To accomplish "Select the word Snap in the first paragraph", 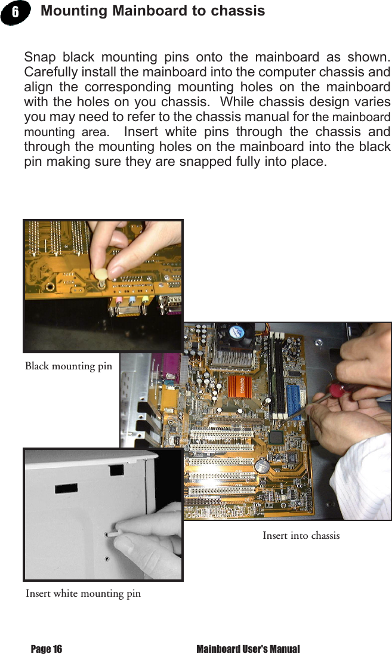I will coord(39,57).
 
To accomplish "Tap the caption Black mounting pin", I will coord(68,366).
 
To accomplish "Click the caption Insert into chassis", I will coord(301,535).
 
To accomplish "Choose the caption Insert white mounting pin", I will coord(83,593).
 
